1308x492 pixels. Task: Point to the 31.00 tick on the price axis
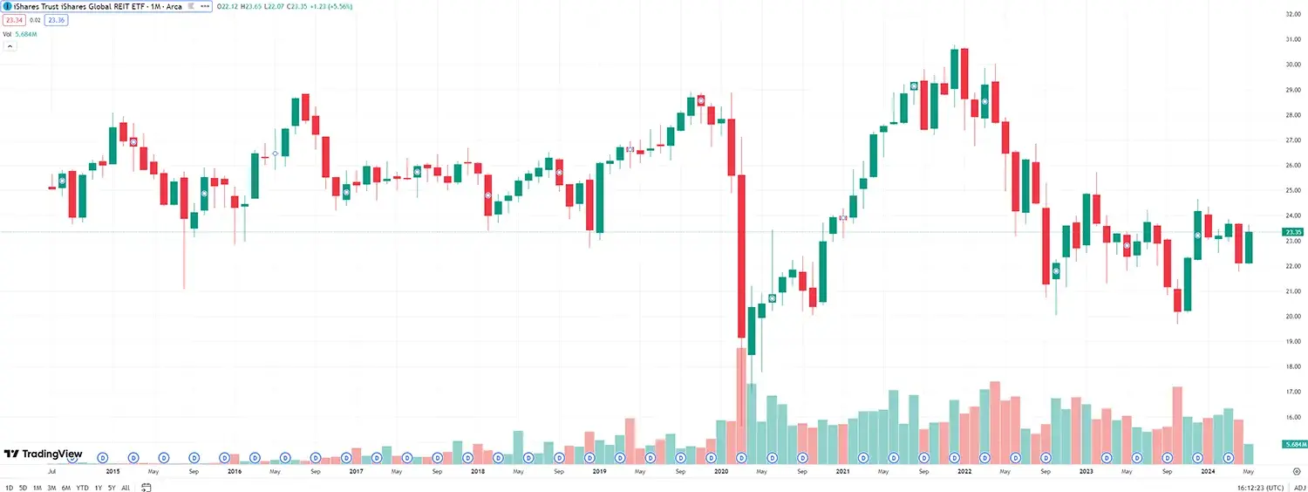click(x=1293, y=39)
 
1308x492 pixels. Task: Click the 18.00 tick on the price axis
click(x=1293, y=367)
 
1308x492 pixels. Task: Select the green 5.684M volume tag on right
click(x=1294, y=445)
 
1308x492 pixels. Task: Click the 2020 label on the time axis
click(x=721, y=471)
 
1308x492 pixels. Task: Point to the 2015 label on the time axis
click(x=112, y=471)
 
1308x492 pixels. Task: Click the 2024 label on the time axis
click(x=1208, y=471)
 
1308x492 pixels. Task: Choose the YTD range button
click(x=82, y=487)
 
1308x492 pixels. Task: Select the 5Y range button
click(x=112, y=487)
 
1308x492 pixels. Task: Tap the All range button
click(x=126, y=487)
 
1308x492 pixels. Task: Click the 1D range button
click(x=10, y=487)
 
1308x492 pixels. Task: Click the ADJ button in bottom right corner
click(x=1298, y=487)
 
